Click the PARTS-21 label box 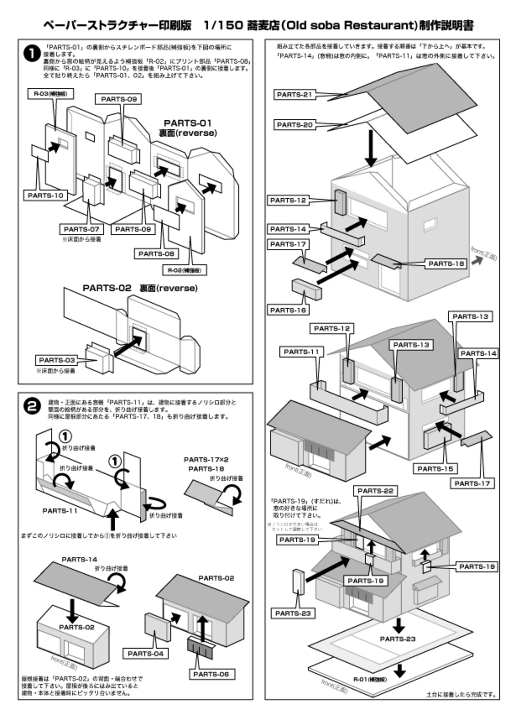295,95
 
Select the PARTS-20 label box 295,125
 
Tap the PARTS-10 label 46,196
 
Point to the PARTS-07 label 81,229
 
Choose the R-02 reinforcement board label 184,270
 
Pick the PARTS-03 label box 57,360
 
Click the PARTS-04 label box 146,653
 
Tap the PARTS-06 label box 211,674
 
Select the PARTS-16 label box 288,310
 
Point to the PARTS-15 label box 435,469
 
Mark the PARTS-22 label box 375,491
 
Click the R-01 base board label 370,679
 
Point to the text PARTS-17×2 206,460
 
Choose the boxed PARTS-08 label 156,254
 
